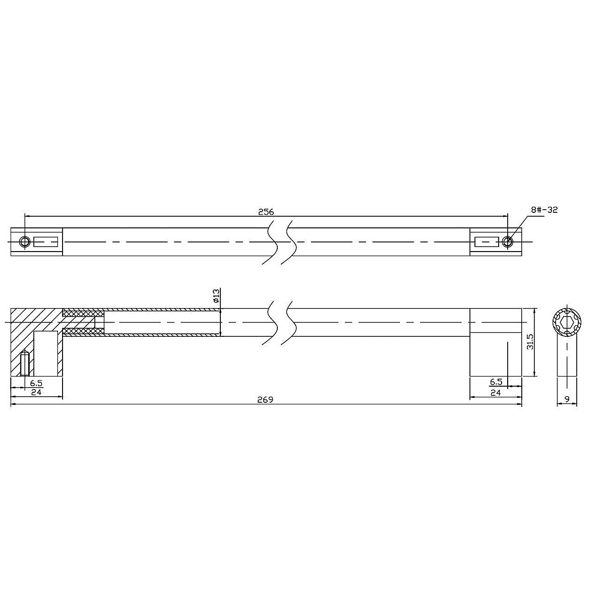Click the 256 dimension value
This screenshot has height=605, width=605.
(x=266, y=212)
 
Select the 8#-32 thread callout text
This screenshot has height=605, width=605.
(x=544, y=210)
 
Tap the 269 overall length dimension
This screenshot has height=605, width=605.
(x=265, y=400)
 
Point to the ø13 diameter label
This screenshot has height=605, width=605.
(x=216, y=296)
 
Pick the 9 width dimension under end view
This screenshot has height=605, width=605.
(x=567, y=399)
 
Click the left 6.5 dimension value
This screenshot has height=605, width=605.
(x=36, y=383)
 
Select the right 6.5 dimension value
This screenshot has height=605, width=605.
(x=496, y=382)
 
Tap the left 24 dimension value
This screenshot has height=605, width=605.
(x=36, y=392)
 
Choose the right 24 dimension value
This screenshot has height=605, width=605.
(x=496, y=392)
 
